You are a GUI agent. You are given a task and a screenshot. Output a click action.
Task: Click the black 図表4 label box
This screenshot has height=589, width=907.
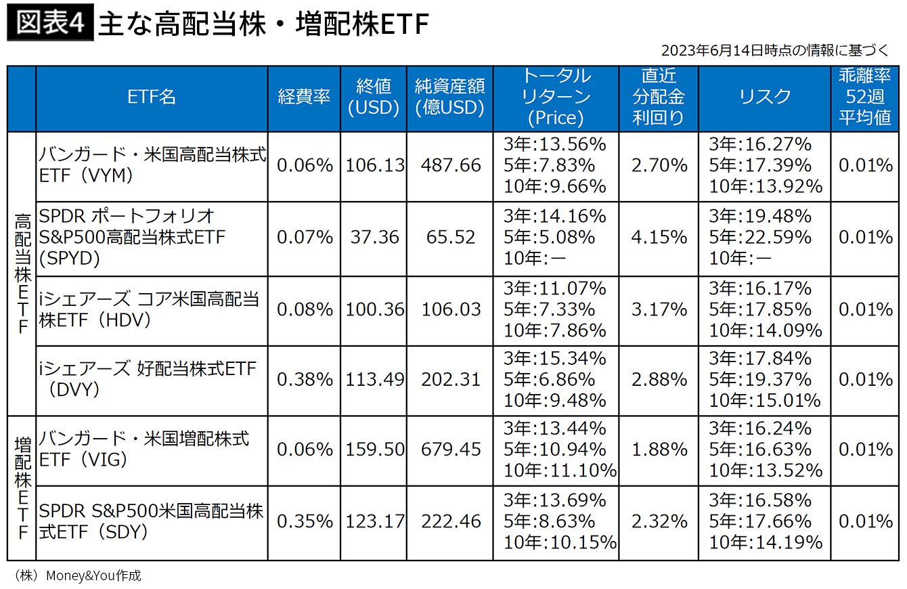click(x=50, y=22)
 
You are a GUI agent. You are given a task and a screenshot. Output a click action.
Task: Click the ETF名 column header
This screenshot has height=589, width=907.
click(x=152, y=97)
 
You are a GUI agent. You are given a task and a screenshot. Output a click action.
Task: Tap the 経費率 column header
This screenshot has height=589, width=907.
click(x=304, y=97)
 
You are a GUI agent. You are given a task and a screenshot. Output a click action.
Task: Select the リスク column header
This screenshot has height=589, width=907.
click(x=764, y=97)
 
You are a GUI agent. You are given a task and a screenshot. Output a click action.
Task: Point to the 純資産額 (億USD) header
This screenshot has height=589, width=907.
click(x=450, y=97)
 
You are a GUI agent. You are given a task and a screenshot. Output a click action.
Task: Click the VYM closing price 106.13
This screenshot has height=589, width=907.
click(x=374, y=165)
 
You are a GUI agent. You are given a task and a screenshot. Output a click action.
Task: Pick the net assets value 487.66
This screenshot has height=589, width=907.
click(x=451, y=165)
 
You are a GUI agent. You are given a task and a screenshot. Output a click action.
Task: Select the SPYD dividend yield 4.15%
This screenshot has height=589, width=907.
click(x=659, y=238)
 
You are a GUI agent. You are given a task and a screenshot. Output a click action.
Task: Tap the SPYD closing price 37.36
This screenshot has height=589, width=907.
click(x=374, y=238)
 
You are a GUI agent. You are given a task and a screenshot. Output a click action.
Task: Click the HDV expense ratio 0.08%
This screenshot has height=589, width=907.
click(x=305, y=309)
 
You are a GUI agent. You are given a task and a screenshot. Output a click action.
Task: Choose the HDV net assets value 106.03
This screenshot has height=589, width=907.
click(x=451, y=309)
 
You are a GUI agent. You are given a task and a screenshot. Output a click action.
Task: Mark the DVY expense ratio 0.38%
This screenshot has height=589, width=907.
click(x=305, y=380)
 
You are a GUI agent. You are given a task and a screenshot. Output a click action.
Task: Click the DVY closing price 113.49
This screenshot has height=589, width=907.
click(x=374, y=380)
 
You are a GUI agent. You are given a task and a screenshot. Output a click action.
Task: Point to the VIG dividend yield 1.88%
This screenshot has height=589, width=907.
click(x=659, y=450)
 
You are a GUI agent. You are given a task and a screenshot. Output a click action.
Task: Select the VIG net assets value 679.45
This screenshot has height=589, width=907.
click(x=451, y=450)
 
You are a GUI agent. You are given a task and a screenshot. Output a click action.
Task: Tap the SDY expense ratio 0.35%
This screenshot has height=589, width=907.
click(x=305, y=521)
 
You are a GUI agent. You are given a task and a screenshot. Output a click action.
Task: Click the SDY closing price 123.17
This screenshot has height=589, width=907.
click(x=374, y=521)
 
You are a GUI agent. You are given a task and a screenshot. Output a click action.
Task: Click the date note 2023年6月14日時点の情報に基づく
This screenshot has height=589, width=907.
click(x=774, y=51)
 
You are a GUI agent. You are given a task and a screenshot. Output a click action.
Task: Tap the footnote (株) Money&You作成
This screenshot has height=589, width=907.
click(x=77, y=575)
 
